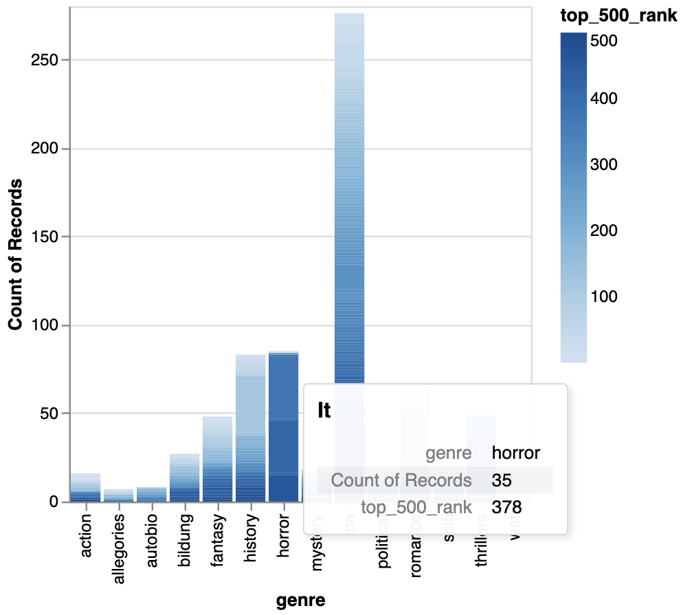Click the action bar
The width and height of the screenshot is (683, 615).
[x=85, y=488]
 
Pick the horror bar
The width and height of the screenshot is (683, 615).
[x=283, y=427]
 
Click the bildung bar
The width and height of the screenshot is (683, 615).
[x=184, y=477]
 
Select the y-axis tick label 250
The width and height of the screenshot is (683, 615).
[x=45, y=61]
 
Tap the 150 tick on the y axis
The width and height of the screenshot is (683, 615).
[x=45, y=237]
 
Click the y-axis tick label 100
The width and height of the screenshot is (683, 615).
[x=45, y=325]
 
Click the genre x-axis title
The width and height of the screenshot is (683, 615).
[x=300, y=601]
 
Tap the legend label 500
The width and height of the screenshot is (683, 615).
[x=604, y=41]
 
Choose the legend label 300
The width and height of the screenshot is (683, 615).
[x=604, y=164]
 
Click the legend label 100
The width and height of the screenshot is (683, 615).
[x=604, y=296]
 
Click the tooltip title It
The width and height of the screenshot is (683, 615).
[x=324, y=411]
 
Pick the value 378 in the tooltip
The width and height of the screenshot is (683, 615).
[x=506, y=508]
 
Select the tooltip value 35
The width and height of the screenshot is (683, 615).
[x=501, y=480]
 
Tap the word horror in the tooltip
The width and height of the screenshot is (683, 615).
[x=516, y=453]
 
